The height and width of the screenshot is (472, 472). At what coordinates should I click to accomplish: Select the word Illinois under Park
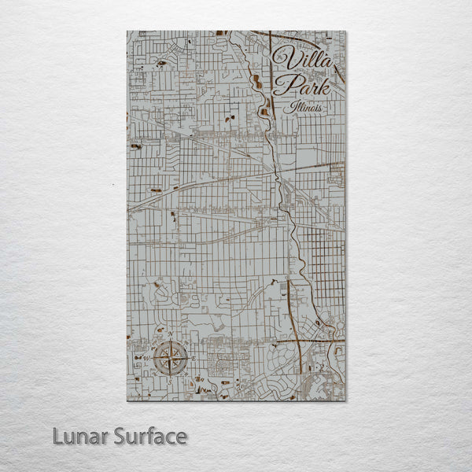click(x=305, y=106)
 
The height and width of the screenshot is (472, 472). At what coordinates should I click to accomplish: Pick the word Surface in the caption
click(x=149, y=436)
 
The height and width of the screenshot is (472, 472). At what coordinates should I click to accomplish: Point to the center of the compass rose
click(x=171, y=359)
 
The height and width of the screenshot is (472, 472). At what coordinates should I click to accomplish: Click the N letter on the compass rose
click(x=171, y=335)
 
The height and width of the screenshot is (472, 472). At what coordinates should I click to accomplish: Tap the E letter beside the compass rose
click(x=194, y=359)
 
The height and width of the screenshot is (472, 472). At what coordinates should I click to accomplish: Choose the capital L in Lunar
click(x=58, y=436)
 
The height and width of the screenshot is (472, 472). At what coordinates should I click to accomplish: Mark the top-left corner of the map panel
click(x=127, y=31)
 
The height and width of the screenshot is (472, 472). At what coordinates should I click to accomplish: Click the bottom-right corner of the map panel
click(x=345, y=400)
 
